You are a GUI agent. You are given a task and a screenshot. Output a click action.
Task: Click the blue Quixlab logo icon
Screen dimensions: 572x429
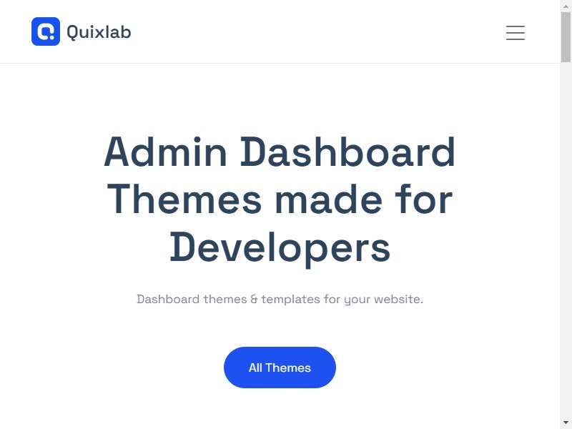46,31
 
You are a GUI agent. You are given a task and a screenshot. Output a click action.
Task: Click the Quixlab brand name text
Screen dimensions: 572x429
99,32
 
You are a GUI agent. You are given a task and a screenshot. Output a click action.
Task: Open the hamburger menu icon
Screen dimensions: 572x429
516,33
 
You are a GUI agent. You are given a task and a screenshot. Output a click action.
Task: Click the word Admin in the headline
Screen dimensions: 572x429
166,152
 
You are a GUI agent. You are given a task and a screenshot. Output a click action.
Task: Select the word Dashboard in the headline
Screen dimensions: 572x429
347,152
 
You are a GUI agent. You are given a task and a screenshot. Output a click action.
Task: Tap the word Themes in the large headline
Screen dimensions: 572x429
184,199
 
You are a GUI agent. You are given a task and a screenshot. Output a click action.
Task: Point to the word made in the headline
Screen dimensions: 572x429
329,199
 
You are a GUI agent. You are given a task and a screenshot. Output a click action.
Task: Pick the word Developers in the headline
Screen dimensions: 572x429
280,247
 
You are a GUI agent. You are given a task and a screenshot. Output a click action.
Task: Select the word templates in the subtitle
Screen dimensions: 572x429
290,300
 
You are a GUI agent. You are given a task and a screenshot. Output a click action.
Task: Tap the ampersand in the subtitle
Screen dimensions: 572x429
254,300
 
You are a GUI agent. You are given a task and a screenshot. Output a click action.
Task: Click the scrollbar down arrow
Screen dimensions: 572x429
566,423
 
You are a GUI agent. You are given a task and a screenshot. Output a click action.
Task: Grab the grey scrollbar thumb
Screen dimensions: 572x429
566,37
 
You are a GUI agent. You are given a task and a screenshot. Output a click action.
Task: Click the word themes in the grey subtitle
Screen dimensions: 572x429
225,300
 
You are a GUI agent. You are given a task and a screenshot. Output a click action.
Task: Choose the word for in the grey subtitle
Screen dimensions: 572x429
332,299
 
